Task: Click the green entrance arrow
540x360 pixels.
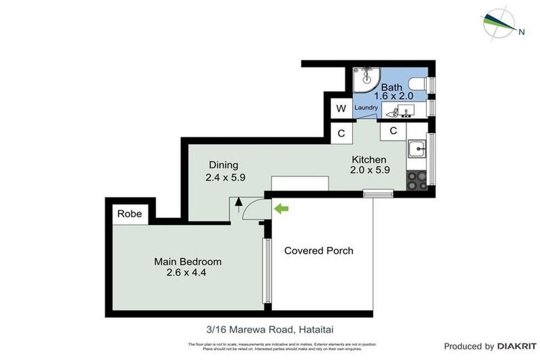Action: point(281,208)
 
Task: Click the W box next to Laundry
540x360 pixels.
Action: point(341,108)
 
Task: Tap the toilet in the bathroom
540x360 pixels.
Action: point(419,86)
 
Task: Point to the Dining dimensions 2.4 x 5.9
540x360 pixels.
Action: point(225,178)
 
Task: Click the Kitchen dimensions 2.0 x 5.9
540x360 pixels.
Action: point(370,169)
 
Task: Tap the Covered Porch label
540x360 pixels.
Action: point(319,251)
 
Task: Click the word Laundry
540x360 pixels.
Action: point(366,108)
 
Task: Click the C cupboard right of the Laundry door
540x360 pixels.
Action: point(393,131)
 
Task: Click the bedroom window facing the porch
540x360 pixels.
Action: point(266,272)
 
